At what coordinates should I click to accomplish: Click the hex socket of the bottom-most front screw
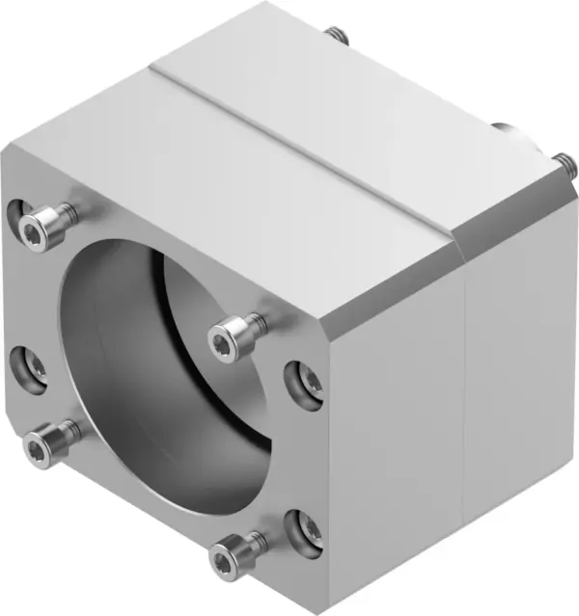pos(223,559)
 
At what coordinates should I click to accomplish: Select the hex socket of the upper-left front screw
pos(32,230)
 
